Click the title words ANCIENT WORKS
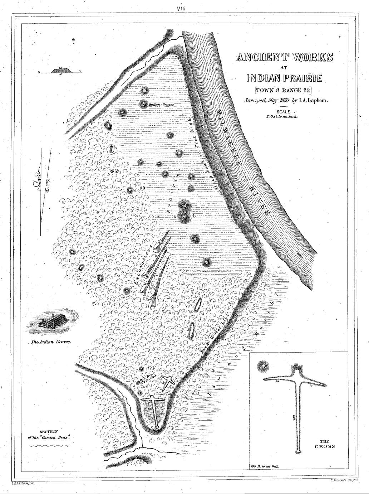pyautogui.click(x=284, y=57)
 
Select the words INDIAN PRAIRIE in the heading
pyautogui.click(x=284, y=78)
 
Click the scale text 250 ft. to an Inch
pyautogui.click(x=282, y=116)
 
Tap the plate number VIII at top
pyautogui.click(x=184, y=8)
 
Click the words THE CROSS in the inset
pyautogui.click(x=325, y=444)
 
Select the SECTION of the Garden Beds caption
pyautogui.click(x=49, y=435)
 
